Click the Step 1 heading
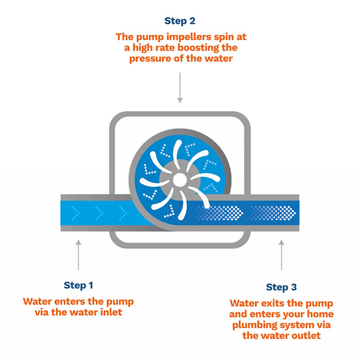(78, 285)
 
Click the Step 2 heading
(180, 21)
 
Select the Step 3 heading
(281, 287)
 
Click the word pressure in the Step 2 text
(150, 59)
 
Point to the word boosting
(196, 48)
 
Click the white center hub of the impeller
(180, 180)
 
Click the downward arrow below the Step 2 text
(180, 88)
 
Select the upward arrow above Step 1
(79, 255)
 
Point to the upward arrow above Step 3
(281, 255)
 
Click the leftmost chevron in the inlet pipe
(75, 213)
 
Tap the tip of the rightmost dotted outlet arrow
(296, 213)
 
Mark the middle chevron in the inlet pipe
(99, 213)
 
